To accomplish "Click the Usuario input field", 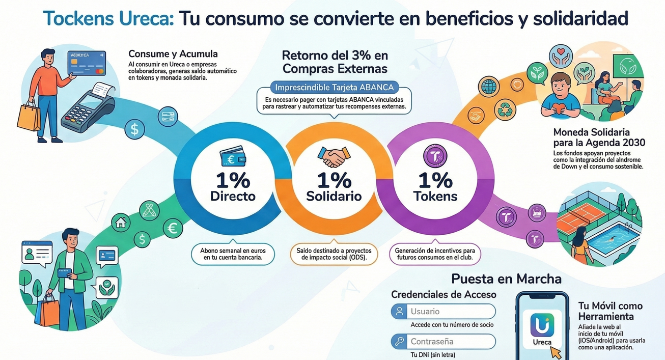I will click(443, 311).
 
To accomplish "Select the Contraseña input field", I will click(443, 341).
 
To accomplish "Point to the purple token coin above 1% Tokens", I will click(434, 155).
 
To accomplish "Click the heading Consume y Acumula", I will click(173, 54).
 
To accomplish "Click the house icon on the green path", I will click(121, 223).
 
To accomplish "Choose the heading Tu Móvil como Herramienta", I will click(610, 311).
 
